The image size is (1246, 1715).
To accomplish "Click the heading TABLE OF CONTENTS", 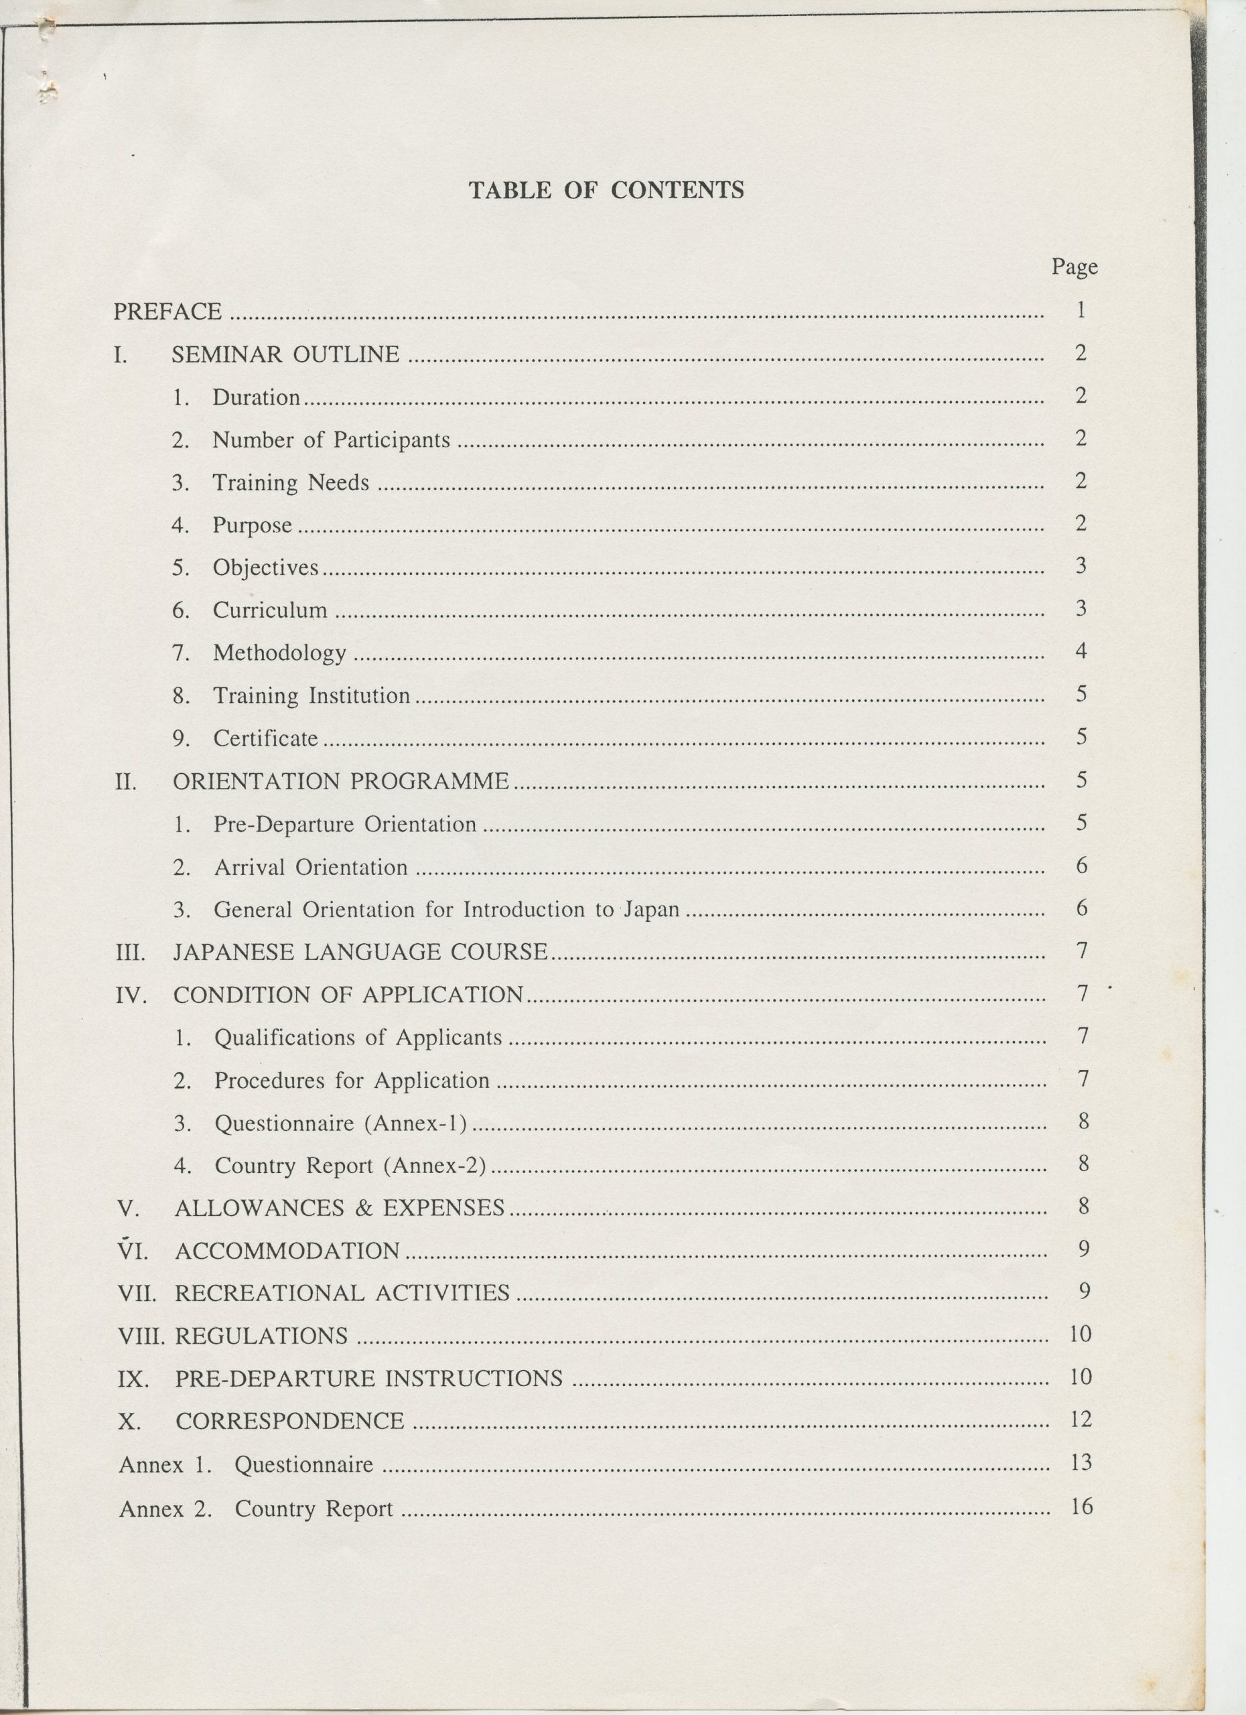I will click(606, 190).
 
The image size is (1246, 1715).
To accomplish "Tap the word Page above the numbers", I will click(1075, 266).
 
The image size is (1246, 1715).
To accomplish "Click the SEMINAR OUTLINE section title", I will click(285, 354).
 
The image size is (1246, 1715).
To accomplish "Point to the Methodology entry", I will click(279, 653).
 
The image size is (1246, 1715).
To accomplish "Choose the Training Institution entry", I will click(311, 695).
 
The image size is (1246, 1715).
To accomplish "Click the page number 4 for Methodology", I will click(1081, 650).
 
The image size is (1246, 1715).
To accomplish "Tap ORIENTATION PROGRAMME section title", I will click(341, 781).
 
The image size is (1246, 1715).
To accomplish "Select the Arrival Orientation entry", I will click(311, 867).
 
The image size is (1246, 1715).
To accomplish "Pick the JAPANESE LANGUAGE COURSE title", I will click(360, 951).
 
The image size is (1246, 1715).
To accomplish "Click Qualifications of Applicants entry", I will click(358, 1038).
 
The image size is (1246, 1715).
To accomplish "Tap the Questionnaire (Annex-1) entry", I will click(340, 1123).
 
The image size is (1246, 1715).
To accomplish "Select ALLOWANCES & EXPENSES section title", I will click(340, 1209).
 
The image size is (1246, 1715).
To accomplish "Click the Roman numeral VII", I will click(137, 1294).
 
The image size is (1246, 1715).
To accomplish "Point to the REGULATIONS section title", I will click(262, 1336).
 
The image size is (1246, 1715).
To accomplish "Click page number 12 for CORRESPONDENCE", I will click(1081, 1420).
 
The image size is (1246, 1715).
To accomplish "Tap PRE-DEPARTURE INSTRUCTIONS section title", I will click(369, 1379).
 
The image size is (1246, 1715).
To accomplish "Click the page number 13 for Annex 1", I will click(1082, 1462).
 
